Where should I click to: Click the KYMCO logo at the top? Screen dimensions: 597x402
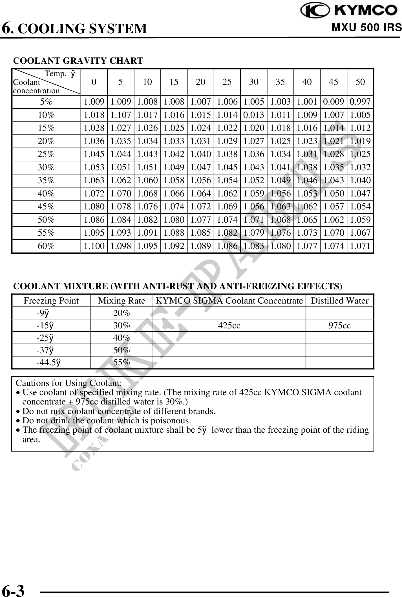pos(349,11)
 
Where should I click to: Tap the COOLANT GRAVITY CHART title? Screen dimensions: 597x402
pos(78,61)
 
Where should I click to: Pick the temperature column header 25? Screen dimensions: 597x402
pos(227,82)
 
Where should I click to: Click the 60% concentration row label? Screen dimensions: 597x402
pos(46,246)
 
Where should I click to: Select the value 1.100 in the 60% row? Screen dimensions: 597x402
pos(94,246)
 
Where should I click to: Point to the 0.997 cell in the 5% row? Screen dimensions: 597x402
pos(360,102)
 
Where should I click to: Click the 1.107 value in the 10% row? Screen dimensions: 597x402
pos(120,115)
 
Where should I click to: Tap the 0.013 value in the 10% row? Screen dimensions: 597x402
pos(253,115)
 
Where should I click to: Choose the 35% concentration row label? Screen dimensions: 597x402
pos(46,180)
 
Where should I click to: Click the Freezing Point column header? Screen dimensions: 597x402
pos(51,301)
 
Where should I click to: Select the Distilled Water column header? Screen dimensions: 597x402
pos(339,301)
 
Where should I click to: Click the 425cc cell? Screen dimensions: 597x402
pos(229,326)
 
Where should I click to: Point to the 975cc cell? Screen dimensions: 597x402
pos(339,326)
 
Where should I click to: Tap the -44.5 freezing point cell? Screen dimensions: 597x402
pos(48,362)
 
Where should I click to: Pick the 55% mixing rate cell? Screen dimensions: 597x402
pos(122,362)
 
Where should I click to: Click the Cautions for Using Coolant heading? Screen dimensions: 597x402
pos(69,383)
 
